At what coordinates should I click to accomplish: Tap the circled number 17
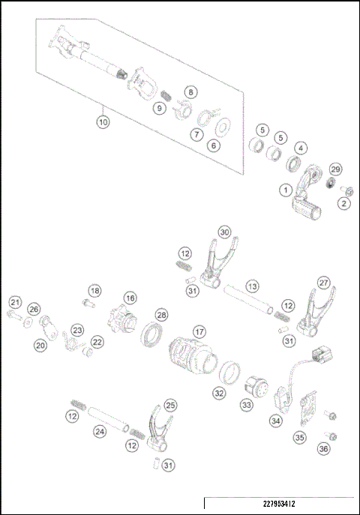(199, 331)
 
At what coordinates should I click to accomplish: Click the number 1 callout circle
(284, 190)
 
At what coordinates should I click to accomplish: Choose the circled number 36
(323, 448)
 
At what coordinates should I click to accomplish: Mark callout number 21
(14, 302)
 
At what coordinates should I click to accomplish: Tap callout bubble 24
(99, 431)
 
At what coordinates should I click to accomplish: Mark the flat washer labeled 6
(222, 127)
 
